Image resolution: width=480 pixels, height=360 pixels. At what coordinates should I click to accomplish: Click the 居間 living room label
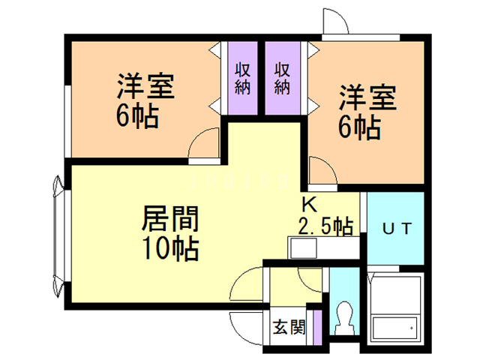[x=170, y=219]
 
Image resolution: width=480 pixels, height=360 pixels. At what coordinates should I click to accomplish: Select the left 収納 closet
[x=243, y=78]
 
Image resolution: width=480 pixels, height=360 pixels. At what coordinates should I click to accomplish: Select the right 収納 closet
[x=282, y=78]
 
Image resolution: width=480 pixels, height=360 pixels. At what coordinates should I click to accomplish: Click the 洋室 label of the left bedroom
[x=145, y=86]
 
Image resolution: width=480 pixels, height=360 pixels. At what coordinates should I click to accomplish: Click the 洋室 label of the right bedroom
[x=368, y=97]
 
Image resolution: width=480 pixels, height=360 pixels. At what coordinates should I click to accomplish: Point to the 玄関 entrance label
[x=289, y=327]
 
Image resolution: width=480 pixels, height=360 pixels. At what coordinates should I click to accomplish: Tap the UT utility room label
[x=397, y=229]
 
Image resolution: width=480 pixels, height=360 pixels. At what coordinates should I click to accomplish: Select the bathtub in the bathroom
[x=394, y=328]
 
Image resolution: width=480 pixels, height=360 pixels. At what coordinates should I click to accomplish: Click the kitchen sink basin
[x=303, y=248]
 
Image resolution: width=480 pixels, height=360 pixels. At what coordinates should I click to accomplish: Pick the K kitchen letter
[x=310, y=205]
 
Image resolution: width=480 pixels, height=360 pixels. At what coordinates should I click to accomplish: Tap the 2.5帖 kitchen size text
[x=325, y=226]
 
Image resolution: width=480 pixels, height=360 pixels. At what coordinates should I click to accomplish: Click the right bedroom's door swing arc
[x=328, y=165]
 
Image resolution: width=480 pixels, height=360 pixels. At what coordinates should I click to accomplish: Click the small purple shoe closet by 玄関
[x=318, y=328]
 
